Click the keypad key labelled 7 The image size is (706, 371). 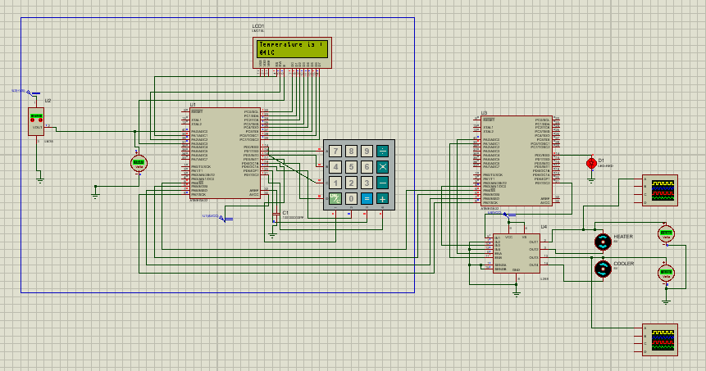335,152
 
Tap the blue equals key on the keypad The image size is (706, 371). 367,198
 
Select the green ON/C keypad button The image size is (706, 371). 335,198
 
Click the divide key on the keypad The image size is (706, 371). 382,152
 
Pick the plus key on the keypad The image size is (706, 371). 382,198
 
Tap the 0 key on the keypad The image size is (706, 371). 351,198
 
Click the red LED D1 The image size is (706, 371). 591,164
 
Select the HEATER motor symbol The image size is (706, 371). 603,241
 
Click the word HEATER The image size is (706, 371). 623,237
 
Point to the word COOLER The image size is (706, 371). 623,264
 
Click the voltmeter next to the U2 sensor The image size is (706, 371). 139,163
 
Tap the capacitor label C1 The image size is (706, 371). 285,212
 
